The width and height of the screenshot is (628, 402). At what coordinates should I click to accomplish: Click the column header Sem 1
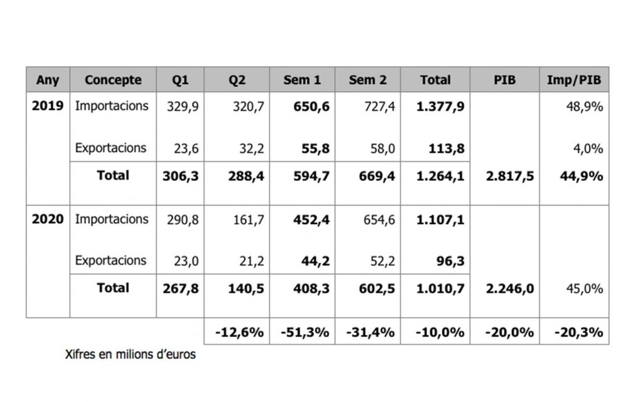301,80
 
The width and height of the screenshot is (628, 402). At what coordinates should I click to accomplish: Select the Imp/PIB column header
574,80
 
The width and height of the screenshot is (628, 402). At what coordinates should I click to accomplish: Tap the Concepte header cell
113,80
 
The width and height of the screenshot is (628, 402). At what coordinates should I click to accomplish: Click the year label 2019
48,106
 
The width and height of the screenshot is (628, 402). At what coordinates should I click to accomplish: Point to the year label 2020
48,219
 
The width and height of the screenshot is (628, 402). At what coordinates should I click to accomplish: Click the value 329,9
183,107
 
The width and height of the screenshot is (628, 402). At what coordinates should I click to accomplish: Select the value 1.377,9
440,107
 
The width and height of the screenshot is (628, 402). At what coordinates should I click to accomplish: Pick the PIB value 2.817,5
510,177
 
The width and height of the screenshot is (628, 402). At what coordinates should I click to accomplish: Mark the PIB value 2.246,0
510,289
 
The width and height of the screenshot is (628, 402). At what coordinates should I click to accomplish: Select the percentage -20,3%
578,332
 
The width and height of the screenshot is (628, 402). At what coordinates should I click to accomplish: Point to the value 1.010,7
440,289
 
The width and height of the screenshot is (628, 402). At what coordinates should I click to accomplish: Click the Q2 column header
237,80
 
